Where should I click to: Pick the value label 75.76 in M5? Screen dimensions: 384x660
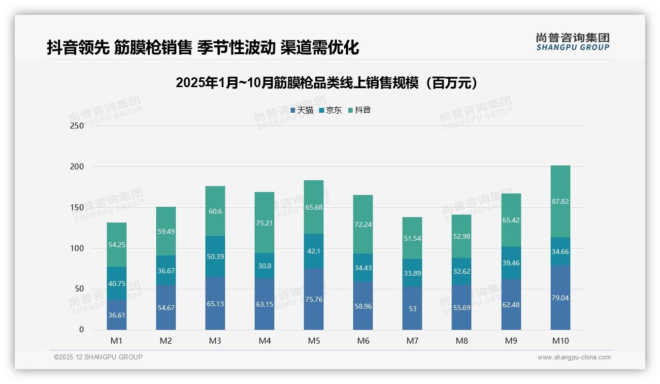(x=314, y=299)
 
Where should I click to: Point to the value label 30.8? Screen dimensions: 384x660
(x=264, y=266)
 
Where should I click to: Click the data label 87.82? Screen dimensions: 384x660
(x=560, y=201)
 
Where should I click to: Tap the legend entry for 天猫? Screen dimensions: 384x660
(x=302, y=110)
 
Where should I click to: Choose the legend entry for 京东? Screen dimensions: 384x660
(x=330, y=110)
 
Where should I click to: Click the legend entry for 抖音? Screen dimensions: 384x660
(x=360, y=110)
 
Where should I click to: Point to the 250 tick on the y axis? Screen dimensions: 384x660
(x=77, y=126)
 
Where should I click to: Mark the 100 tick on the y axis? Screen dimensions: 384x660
(x=77, y=248)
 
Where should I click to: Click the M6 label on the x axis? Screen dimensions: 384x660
(x=363, y=341)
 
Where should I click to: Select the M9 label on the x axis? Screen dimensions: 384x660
(x=511, y=341)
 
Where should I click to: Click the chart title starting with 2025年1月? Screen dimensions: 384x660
(x=327, y=83)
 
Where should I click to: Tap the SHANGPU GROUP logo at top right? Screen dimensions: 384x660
(x=572, y=42)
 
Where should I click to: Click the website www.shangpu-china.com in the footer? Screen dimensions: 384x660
(x=574, y=357)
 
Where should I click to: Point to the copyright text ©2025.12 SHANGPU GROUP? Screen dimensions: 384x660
(x=98, y=357)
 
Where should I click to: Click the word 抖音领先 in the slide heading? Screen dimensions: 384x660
(x=78, y=47)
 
